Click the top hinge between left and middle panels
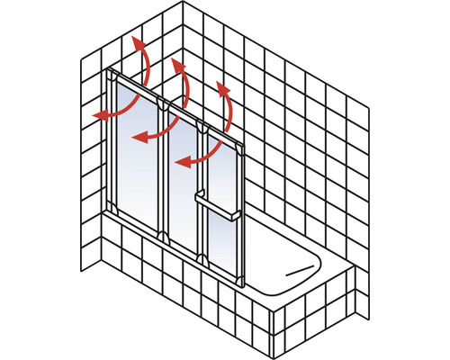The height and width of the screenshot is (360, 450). coord(163,106)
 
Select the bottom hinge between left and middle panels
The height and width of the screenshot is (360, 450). coord(163,237)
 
